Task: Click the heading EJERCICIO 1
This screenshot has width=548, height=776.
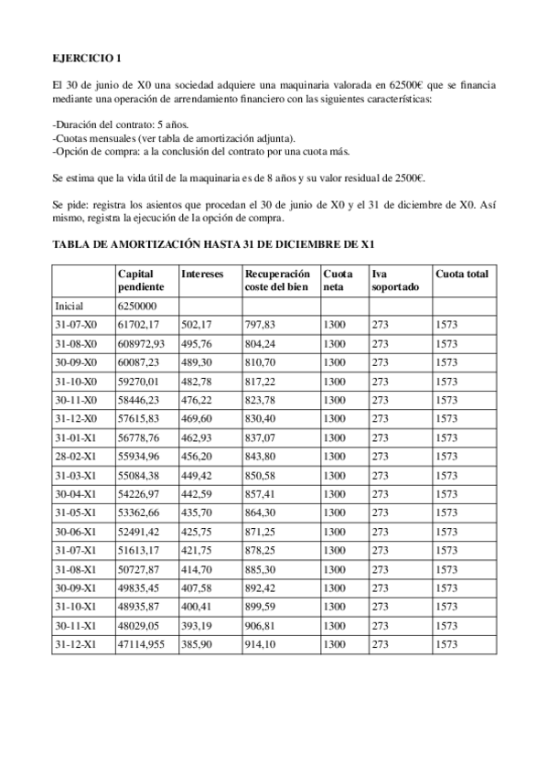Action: tap(87, 59)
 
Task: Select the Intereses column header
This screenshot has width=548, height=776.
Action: tap(202, 274)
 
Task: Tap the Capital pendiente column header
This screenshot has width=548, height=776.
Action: tap(136, 280)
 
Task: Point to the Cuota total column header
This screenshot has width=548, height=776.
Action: tap(461, 274)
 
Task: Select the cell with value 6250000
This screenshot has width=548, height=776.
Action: tap(138, 307)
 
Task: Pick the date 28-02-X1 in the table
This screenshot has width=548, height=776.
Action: tap(75, 456)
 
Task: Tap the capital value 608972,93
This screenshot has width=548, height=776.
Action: tap(142, 343)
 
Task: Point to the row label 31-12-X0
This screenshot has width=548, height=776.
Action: tap(75, 418)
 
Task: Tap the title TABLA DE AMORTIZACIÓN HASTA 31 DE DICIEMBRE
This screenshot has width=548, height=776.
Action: tap(215, 245)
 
